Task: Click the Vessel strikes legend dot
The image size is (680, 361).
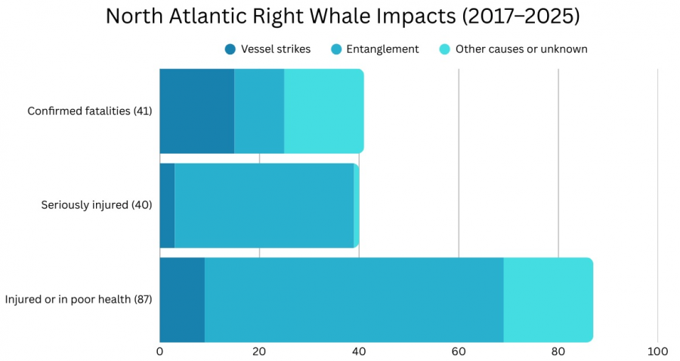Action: [230, 49]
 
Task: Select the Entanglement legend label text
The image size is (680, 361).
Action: [382, 49]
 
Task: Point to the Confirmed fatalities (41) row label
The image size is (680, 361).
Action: [90, 111]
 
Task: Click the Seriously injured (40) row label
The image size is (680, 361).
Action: [97, 205]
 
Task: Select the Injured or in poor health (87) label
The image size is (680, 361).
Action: [79, 299]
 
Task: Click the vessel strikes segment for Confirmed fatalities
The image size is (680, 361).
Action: [196, 111]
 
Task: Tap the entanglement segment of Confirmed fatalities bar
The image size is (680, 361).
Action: [259, 111]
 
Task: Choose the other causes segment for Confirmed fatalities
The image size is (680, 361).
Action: [323, 111]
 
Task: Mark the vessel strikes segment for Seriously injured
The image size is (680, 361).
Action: [167, 205]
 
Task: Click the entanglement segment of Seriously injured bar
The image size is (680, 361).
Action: [264, 205]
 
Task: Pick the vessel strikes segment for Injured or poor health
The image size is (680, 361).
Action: [182, 299]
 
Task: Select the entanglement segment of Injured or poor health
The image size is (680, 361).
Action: [354, 299]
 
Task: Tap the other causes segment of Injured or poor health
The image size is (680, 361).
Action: [548, 299]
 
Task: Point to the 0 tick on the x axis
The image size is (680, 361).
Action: [159, 351]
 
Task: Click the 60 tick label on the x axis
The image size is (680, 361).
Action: [459, 351]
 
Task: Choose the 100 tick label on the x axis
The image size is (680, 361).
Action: [657, 351]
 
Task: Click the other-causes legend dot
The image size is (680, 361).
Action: [445, 49]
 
